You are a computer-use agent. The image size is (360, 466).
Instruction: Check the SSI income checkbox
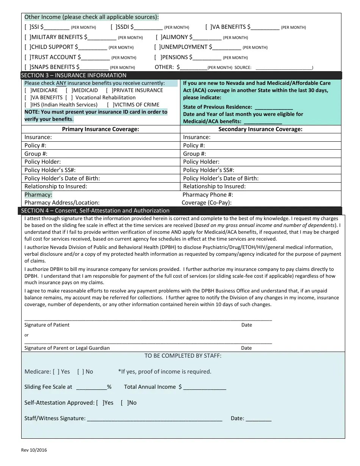click(x=27, y=27)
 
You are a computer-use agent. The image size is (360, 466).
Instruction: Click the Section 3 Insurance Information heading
click(x=74, y=75)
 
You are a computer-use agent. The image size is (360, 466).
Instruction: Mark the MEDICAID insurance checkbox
click(x=69, y=91)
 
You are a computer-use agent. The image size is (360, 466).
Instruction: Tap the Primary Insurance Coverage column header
click(x=100, y=129)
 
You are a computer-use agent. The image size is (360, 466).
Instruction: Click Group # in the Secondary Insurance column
click(x=194, y=154)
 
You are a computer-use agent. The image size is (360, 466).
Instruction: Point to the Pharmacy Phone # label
click(x=208, y=195)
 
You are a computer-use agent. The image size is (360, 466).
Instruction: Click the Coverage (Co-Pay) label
click(x=207, y=203)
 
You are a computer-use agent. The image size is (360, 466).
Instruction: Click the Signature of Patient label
click(x=47, y=325)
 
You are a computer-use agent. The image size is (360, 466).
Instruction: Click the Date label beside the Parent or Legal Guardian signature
click(x=246, y=348)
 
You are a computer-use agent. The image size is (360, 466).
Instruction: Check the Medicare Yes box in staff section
click(x=56, y=372)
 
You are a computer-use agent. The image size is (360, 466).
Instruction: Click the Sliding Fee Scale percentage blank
click(x=91, y=387)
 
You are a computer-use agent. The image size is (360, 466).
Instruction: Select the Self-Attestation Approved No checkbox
click(x=124, y=403)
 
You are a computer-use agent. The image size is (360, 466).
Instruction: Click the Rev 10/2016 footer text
click(x=34, y=450)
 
